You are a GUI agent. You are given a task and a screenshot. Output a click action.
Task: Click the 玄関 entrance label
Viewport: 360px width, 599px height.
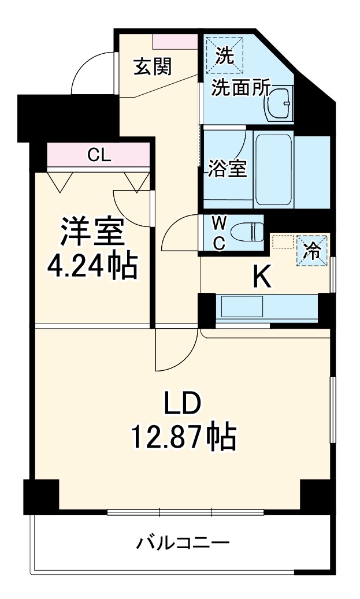pos(153,67)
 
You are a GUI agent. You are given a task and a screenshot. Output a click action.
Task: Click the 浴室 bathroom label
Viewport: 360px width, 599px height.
pos(228,170)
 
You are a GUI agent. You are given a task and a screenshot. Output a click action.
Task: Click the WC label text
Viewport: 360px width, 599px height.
pos(219,233)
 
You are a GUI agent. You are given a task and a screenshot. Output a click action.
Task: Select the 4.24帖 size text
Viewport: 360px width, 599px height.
pos(92,266)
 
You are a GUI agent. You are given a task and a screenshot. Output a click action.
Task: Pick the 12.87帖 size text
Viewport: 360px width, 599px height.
pos(184,437)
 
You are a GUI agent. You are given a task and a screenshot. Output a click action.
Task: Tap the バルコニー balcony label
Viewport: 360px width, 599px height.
pos(183,543)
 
